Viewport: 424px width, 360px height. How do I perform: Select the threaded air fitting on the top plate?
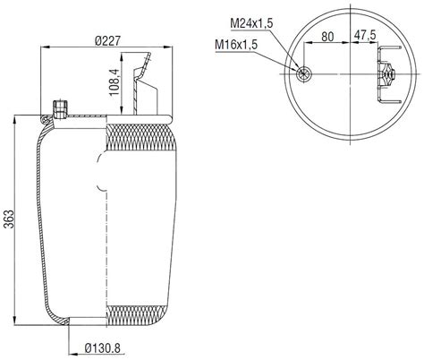61,108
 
